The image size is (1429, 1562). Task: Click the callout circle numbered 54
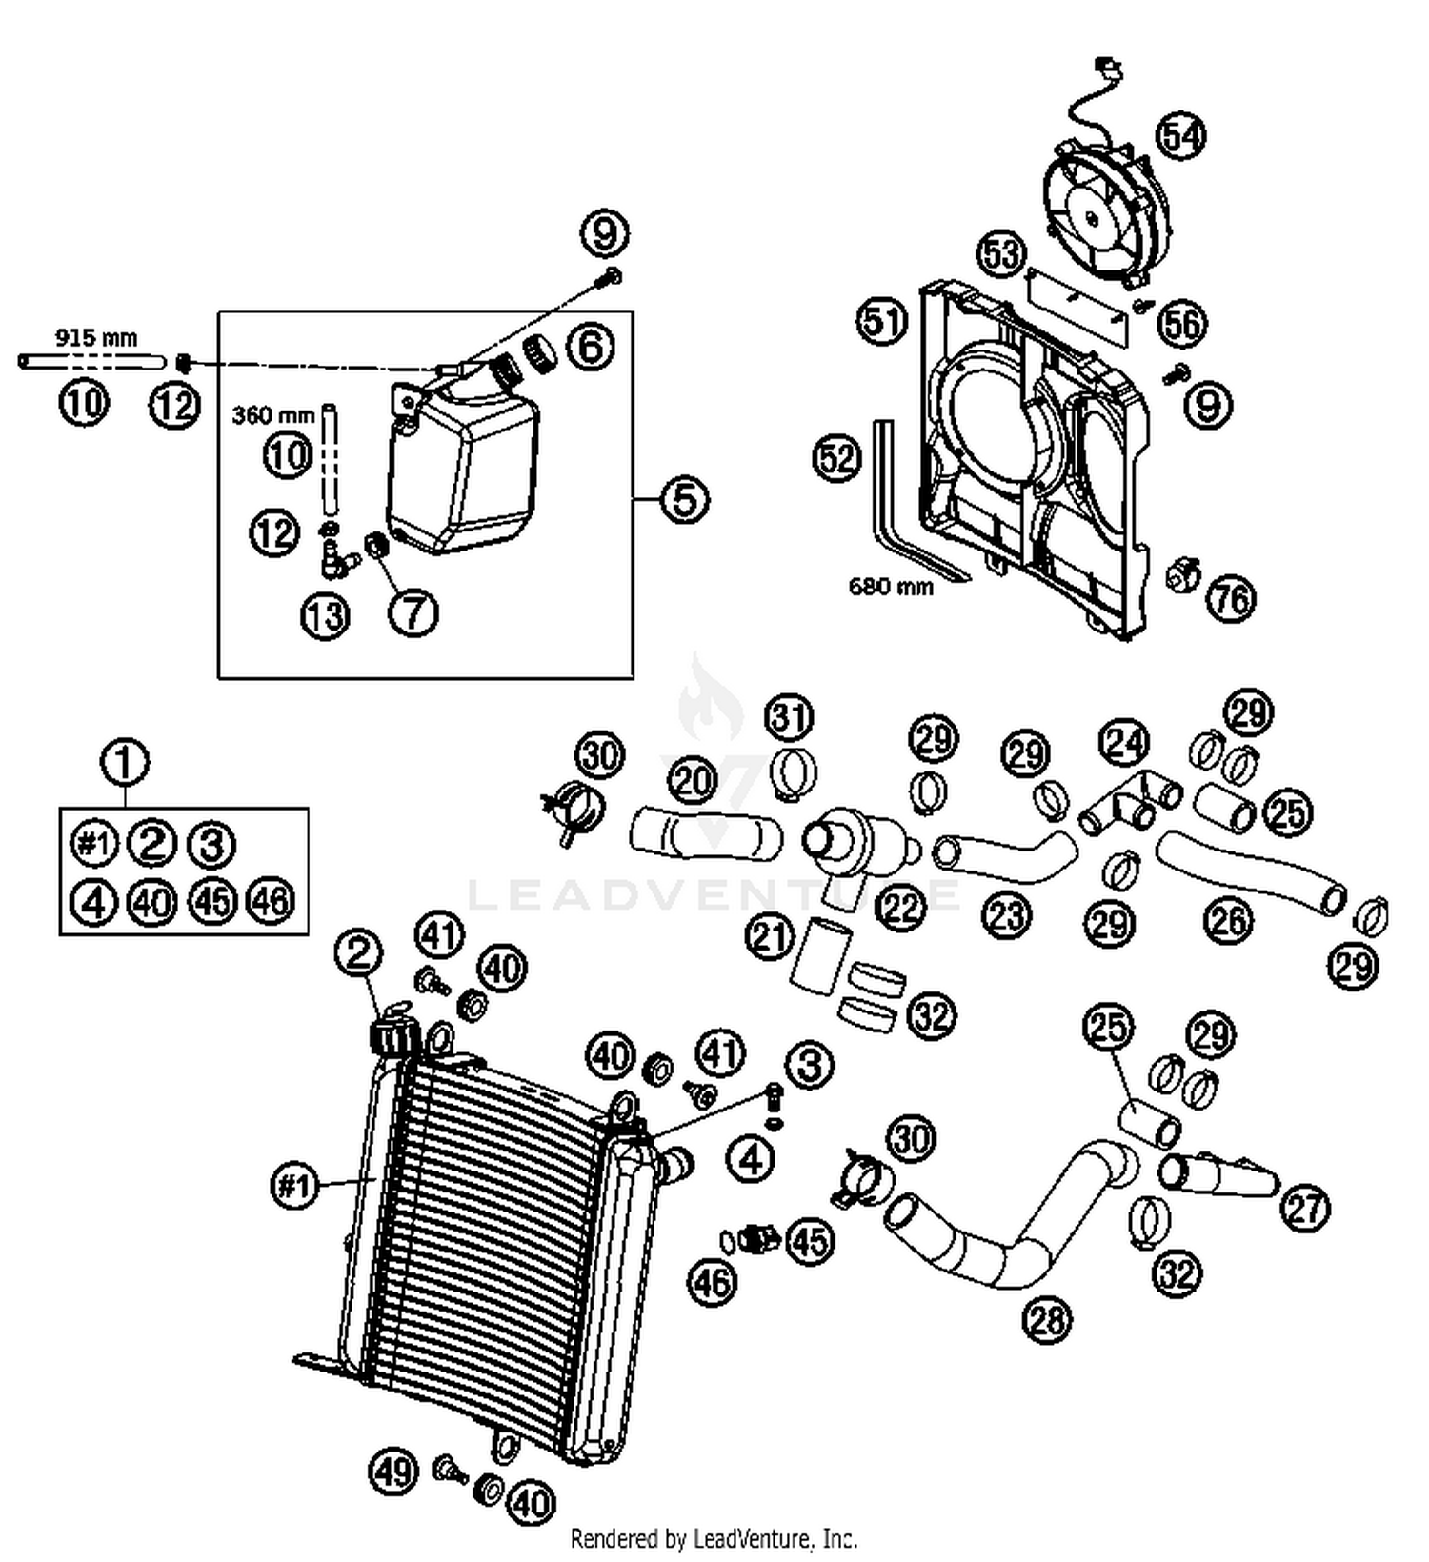[1180, 135]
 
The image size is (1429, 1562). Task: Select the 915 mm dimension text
[96, 337]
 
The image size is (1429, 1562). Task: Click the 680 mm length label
[891, 586]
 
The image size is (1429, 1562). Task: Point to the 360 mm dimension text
[272, 414]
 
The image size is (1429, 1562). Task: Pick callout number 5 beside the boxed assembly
[685, 498]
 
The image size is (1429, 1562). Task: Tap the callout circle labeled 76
[1232, 598]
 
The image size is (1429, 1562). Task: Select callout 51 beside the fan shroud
[881, 321]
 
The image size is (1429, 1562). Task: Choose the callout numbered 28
[1047, 1319]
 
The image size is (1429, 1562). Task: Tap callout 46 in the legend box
[271, 900]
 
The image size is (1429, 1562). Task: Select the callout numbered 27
[1304, 1208]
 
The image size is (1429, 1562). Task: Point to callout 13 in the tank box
[326, 615]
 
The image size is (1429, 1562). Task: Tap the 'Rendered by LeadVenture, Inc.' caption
[714, 1537]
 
